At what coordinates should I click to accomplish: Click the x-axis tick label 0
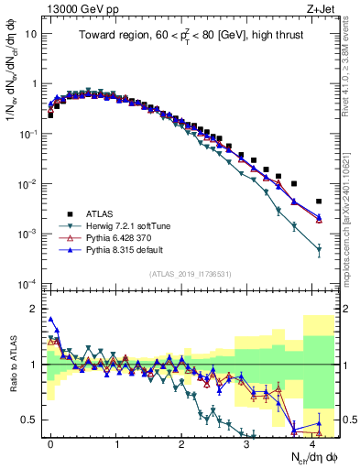coord(51,442)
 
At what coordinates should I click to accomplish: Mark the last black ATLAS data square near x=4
coord(319,202)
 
